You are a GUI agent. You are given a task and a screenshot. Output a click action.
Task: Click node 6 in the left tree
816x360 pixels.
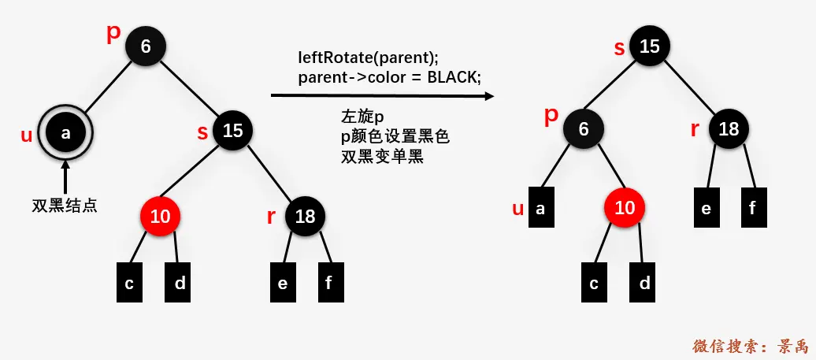tap(146, 46)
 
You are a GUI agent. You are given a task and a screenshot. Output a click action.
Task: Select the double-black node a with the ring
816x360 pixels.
tap(66, 133)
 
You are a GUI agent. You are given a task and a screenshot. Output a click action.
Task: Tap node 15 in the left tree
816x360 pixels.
tap(232, 131)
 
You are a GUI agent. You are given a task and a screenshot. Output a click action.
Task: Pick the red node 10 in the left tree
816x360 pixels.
tap(160, 217)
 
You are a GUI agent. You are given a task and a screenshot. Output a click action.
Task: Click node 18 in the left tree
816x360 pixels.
tap(305, 217)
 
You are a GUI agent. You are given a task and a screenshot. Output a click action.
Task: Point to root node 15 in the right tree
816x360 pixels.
tap(649, 46)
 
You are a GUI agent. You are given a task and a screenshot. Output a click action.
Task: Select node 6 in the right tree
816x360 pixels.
tap(584, 129)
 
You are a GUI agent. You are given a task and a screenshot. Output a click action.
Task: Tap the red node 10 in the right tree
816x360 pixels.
tap(625, 208)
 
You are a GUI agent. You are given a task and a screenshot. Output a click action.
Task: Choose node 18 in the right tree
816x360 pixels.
tap(729, 128)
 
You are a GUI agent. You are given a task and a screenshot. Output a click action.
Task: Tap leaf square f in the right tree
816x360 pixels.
tap(754, 208)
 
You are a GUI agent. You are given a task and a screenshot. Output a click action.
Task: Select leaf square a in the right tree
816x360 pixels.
tap(540, 209)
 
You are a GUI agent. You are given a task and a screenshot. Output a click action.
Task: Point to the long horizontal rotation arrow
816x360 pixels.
tap(382, 96)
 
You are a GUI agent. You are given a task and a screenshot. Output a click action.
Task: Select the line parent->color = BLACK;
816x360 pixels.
tap(389, 77)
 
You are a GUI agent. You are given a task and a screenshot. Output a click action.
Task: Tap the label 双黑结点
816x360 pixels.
tap(65, 206)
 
